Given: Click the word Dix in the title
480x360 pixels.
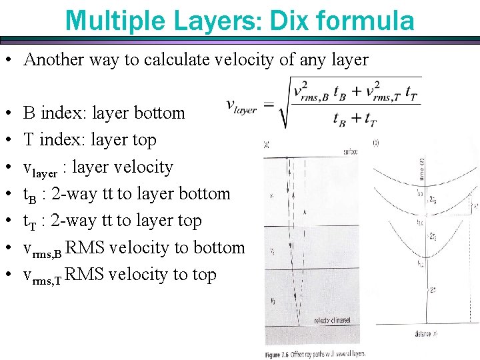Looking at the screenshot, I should pos(286,21).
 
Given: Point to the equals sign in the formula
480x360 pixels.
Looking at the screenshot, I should pos(268,105).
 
